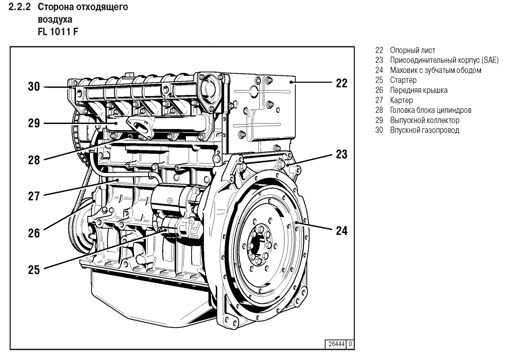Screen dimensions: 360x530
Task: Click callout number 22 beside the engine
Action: (342, 83)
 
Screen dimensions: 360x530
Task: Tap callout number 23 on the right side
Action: (342, 154)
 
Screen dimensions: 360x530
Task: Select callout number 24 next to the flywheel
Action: (342, 231)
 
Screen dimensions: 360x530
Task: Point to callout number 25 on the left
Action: (34, 270)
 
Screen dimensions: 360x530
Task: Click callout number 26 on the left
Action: (34, 233)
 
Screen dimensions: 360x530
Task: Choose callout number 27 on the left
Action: (34, 196)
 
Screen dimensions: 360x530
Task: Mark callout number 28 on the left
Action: (34, 160)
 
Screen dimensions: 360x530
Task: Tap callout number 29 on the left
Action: (34, 124)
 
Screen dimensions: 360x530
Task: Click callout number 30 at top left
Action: (34, 87)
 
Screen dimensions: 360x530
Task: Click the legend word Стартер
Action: (403, 80)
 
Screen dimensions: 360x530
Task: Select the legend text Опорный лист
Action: (412, 51)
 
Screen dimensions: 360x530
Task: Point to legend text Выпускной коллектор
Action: (424, 120)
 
